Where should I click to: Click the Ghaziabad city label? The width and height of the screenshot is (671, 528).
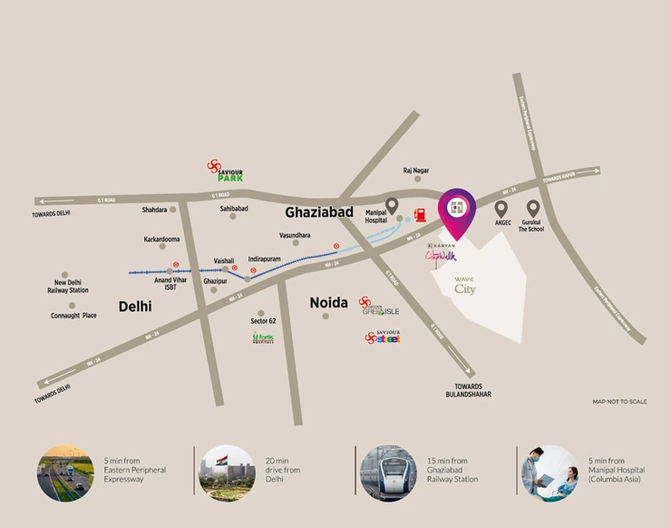pos(318,212)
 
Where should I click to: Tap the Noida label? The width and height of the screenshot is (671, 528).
pos(328,302)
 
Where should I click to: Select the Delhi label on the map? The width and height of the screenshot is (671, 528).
pos(135,307)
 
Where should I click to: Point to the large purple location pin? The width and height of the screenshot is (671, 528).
pos(456,210)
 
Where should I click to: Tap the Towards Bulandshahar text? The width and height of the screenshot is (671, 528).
pos(469,391)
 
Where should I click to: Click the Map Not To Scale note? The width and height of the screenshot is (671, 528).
pos(620,401)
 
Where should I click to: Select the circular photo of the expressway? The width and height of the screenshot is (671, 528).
pos(64,472)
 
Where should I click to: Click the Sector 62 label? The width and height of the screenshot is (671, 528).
pos(263,321)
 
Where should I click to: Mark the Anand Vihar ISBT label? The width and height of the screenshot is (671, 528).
pos(170,283)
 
